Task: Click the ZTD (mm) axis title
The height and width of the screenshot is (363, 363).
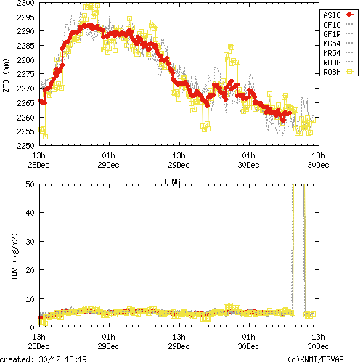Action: [7, 75]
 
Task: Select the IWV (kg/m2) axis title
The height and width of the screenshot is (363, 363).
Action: [7, 256]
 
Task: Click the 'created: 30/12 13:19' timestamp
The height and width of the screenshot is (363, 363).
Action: [44, 359]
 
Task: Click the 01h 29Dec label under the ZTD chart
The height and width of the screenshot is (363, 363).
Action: [109, 160]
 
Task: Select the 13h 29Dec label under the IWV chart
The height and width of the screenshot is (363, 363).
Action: [179, 342]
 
